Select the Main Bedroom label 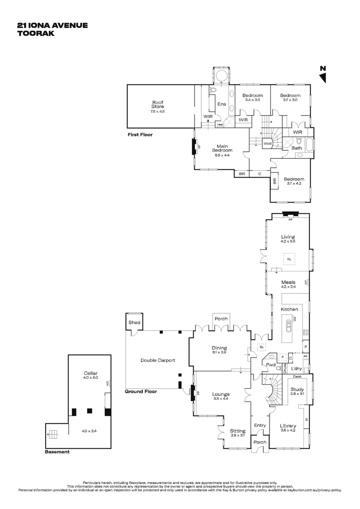(x=222, y=148)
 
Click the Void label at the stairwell (x=267, y=144)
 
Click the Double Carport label (x=157, y=360)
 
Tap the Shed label (x=134, y=322)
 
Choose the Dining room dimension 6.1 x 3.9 (x=221, y=352)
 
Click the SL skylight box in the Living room (x=288, y=259)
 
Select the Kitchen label (x=289, y=309)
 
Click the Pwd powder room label (x=270, y=365)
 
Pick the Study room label (x=296, y=389)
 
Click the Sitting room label (x=237, y=431)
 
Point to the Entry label (x=260, y=425)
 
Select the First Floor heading (x=140, y=135)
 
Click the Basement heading (x=57, y=452)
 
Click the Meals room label (x=288, y=282)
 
